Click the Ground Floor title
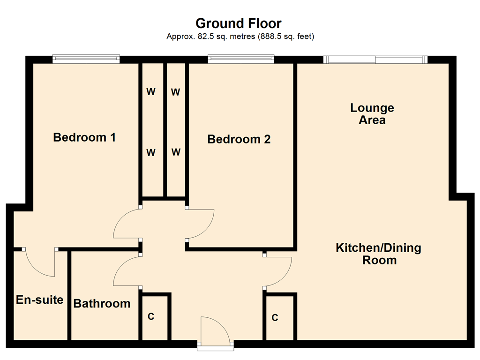pyautogui.click(x=239, y=23)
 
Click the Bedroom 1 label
pyautogui.click(x=84, y=137)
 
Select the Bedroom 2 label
pyautogui.click(x=239, y=139)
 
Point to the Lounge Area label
pyautogui.click(x=372, y=114)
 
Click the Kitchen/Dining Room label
pyautogui.click(x=379, y=254)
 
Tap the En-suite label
pyautogui.click(x=40, y=300)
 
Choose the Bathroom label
pyautogui.click(x=102, y=303)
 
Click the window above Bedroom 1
pyautogui.click(x=86, y=59)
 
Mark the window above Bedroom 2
pyautogui.click(x=241, y=59)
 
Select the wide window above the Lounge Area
pyautogui.click(x=375, y=59)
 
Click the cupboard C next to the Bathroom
pyautogui.click(x=151, y=317)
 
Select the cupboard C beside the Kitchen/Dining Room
pyautogui.click(x=275, y=318)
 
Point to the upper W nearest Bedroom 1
pyautogui.click(x=151, y=92)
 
